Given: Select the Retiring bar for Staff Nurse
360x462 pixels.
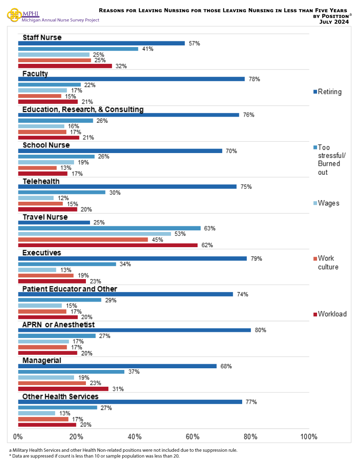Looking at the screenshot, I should point(101,43).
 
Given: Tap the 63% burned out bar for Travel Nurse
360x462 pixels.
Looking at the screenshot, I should point(109,228).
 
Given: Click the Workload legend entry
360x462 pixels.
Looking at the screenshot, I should point(330,314).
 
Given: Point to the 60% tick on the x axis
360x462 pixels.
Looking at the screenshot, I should point(192,437).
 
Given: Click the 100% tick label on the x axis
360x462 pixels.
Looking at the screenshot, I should point(308,437).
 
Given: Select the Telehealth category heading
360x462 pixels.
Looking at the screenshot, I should point(41,181).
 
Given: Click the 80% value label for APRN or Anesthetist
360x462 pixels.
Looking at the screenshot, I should point(261,330).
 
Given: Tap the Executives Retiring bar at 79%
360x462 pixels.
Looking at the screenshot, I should point(133,259).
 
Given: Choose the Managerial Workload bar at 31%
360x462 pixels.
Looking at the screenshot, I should point(63,389).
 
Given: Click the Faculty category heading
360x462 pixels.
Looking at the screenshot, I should point(35,74).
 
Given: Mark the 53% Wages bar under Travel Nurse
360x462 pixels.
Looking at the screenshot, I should point(94,234).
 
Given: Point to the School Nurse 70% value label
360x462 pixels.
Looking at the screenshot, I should point(231,151).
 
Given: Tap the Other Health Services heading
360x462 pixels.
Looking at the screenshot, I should point(60,397).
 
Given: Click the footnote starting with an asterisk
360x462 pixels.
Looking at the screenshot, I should point(94,455).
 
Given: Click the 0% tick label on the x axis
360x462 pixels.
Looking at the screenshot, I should point(18,437).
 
